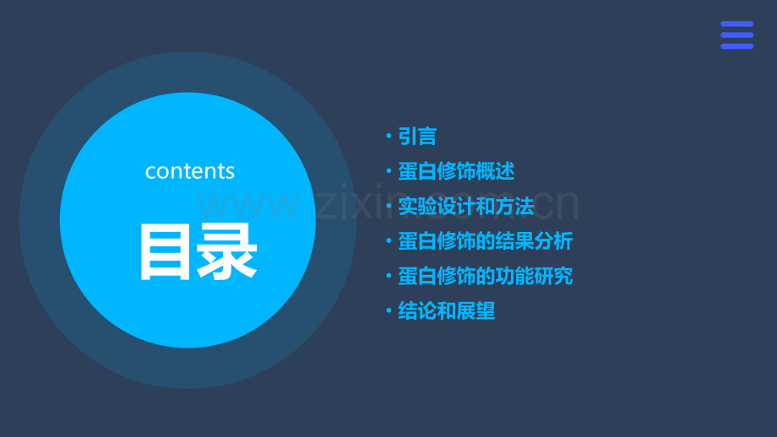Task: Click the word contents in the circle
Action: click(190, 171)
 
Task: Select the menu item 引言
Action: click(417, 137)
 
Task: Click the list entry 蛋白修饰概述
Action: click(456, 172)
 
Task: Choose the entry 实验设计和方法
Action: click(466, 207)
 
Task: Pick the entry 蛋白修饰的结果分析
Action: click(486, 241)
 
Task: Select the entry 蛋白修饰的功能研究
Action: click(486, 277)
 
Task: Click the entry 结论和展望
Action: click(447, 311)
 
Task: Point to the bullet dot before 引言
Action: click(388, 137)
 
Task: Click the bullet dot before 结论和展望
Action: click(388, 311)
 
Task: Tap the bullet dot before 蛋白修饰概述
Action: click(388, 172)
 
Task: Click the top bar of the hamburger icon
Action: click(736, 24)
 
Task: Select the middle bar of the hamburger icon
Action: click(736, 35)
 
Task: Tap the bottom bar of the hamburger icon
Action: click(736, 46)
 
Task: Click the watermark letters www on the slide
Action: click(245, 205)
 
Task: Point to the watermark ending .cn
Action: click(549, 205)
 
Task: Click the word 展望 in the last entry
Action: click(476, 311)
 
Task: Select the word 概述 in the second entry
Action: click(496, 172)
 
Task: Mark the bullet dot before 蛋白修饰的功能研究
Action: click(388, 277)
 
